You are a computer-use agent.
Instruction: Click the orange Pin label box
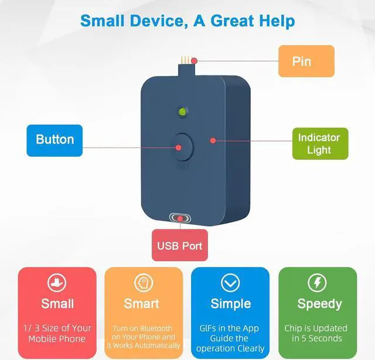[x=306, y=61]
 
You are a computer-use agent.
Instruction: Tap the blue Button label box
[x=54, y=140]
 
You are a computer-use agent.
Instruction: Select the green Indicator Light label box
[x=321, y=143]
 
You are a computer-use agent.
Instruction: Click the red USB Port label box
[x=180, y=245]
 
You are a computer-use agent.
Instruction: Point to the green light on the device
[x=182, y=112]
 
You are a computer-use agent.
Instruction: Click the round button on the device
[x=183, y=147]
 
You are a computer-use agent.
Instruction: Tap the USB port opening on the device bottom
[x=180, y=218]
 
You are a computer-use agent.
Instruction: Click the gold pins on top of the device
[x=186, y=59]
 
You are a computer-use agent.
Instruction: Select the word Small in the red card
[x=57, y=304]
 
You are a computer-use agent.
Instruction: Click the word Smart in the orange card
[x=141, y=304]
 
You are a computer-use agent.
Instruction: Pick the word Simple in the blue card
[x=231, y=304]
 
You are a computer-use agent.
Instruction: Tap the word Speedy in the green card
[x=320, y=304]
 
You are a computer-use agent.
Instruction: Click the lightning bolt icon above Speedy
[x=317, y=283]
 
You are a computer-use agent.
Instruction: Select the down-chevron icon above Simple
[x=230, y=283]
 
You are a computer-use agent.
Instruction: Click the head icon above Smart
[x=144, y=283]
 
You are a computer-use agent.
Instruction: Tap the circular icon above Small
[x=57, y=283]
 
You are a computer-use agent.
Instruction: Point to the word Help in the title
[x=277, y=22]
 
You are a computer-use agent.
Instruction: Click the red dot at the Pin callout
[x=195, y=61]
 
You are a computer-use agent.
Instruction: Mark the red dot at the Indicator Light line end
[x=213, y=140]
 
